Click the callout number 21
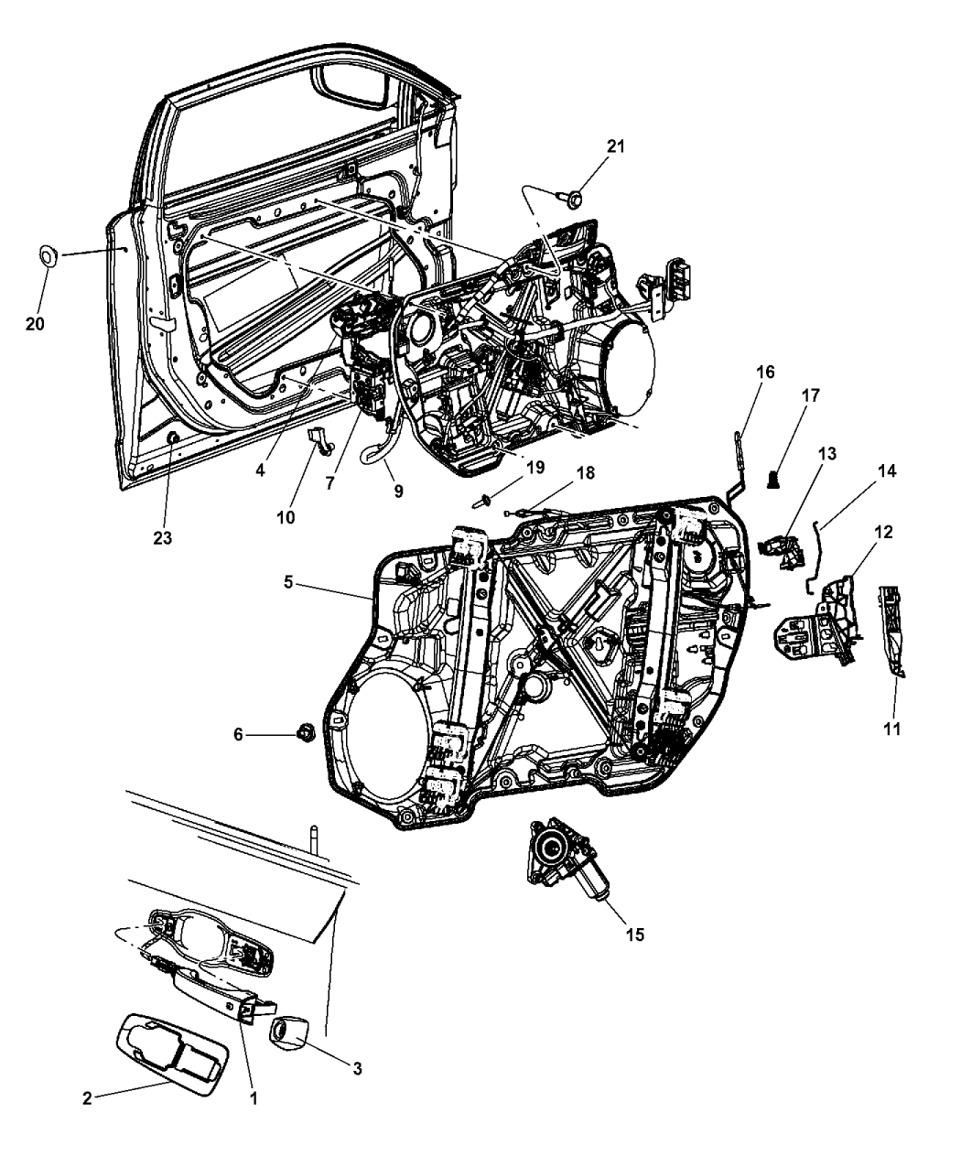point(616,147)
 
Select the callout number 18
point(584,473)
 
